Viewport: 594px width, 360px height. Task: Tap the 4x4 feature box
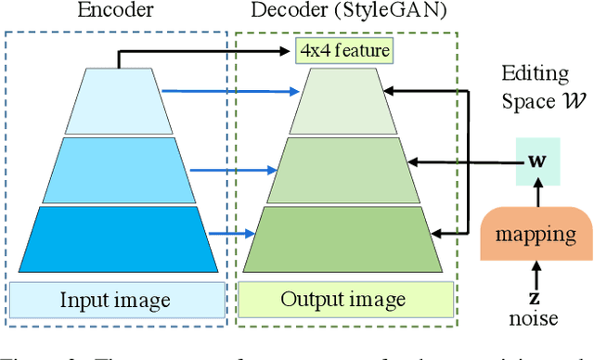click(344, 51)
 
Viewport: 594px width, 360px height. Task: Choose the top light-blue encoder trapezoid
click(118, 102)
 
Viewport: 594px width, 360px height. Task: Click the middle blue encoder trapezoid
click(118, 170)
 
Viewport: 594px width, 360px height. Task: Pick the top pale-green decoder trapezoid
click(343, 103)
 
